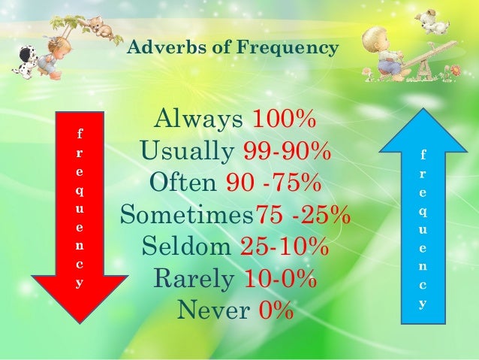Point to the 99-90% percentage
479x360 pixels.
tap(288, 151)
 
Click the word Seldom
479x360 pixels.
tap(187, 246)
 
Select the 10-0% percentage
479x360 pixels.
tap(280, 278)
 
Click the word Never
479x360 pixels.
tap(212, 310)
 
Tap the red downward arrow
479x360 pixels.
tap(80, 218)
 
